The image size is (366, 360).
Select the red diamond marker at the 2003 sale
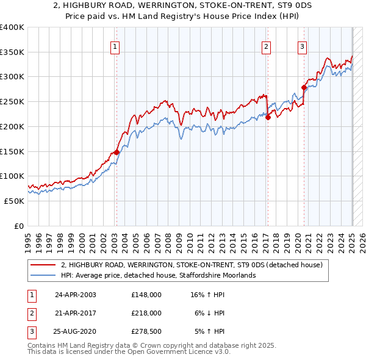click(x=117, y=153)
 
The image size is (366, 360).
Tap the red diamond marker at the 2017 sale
click(x=268, y=118)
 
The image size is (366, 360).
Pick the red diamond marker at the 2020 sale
click(x=304, y=87)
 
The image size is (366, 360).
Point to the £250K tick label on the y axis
click(x=12, y=101)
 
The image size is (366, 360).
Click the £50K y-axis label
click(x=14, y=201)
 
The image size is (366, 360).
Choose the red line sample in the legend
click(x=43, y=265)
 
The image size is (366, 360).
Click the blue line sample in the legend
click(x=43, y=275)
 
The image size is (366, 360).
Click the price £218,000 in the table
click(x=146, y=313)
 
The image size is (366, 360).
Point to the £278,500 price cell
click(x=146, y=331)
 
